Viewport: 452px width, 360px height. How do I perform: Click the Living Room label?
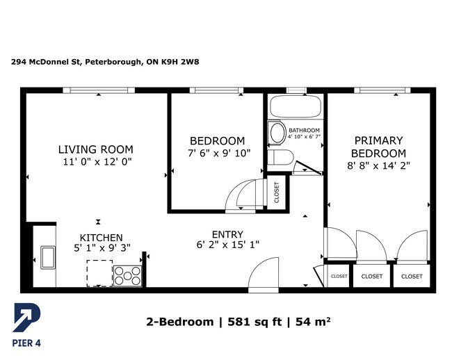[x=96, y=149]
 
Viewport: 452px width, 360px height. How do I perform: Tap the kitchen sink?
[x=48, y=257]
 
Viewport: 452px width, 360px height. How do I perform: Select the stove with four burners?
[x=127, y=276]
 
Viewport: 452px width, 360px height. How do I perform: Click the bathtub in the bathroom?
[x=296, y=106]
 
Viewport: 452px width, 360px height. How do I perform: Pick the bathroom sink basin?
[x=277, y=133]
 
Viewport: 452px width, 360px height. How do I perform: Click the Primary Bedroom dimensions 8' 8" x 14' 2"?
[x=378, y=165]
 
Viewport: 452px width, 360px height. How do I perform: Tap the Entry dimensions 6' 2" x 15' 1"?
[x=227, y=245]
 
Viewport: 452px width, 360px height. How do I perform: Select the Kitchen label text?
[x=102, y=238]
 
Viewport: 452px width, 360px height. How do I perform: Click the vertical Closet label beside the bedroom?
[x=277, y=192]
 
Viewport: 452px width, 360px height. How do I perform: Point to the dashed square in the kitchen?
[x=99, y=273]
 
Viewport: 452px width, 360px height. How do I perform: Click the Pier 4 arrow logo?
[x=27, y=318]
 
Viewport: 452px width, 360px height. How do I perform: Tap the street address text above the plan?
[x=105, y=62]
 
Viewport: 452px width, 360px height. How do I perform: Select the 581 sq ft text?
[x=255, y=321]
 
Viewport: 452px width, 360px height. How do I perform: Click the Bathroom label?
[x=304, y=130]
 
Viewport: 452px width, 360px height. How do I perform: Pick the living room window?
[x=99, y=90]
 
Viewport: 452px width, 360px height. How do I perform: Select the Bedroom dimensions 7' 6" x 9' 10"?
[x=219, y=153]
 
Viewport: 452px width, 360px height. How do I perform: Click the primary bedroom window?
[x=382, y=90]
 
